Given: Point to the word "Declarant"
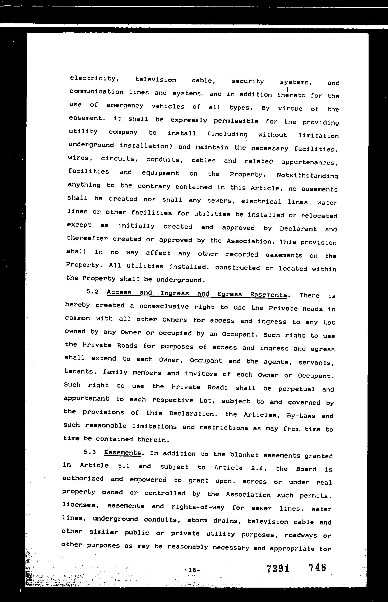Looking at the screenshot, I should pyautogui.click(x=298, y=229).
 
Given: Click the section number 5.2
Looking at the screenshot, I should pyautogui.click(x=92, y=292).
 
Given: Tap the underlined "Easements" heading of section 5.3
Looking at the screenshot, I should pyautogui.click(x=123, y=453).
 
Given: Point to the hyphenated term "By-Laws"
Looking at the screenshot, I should pyautogui.click(x=301, y=416).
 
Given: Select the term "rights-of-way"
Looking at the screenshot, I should pyautogui.click(x=198, y=507).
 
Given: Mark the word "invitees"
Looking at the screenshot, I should pyautogui.click(x=201, y=374).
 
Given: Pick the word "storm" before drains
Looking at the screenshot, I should pyautogui.click(x=197, y=520).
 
